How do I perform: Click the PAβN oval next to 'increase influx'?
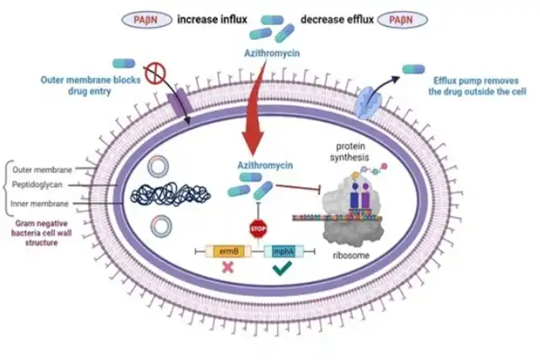tap(147, 20)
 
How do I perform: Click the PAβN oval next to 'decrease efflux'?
tap(402, 20)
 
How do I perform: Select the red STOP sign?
tap(258, 229)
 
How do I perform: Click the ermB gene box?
tap(229, 251)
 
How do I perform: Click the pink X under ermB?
tap(228, 267)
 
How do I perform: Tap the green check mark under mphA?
tap(283, 268)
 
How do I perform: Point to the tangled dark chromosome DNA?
tap(170, 195)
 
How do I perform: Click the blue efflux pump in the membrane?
tap(368, 103)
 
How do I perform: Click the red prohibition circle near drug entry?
tap(155, 74)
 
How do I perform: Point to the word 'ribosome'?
tap(351, 256)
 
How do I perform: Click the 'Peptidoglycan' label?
tap(37, 184)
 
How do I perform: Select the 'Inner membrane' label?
tap(40, 203)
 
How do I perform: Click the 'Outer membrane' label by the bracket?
tap(42, 169)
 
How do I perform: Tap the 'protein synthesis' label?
tap(350, 151)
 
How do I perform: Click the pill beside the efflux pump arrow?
tap(414, 69)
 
